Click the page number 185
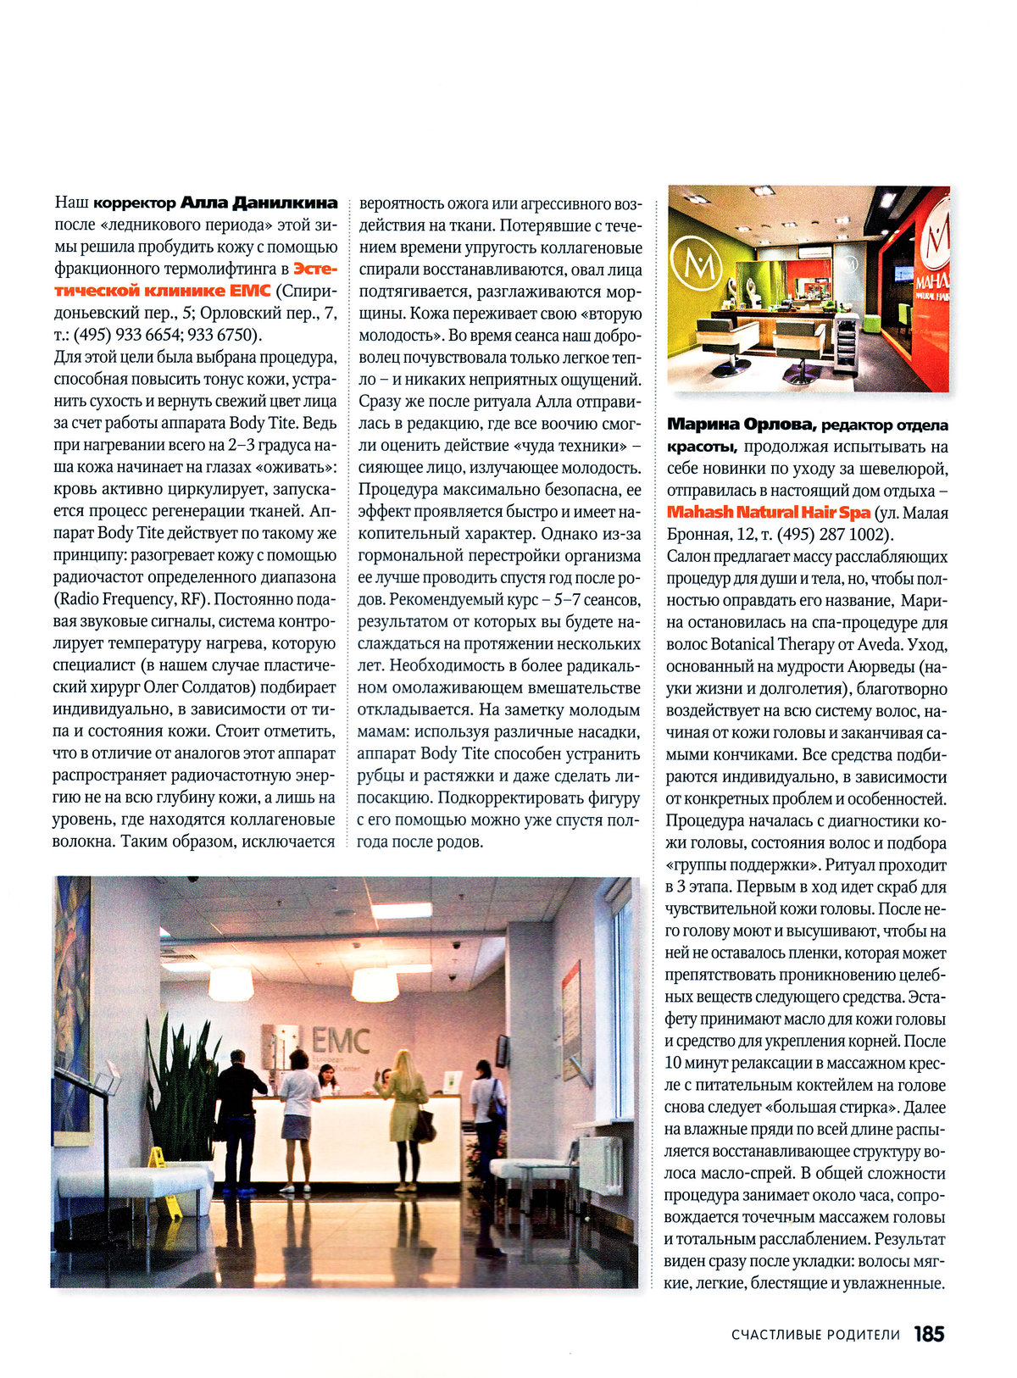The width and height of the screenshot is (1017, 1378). [929, 1334]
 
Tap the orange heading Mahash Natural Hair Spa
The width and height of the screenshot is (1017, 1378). [769, 513]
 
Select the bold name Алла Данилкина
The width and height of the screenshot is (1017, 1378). [259, 203]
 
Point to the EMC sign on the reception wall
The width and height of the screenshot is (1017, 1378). [340, 1040]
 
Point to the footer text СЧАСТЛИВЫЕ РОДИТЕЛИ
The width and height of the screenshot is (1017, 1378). [815, 1335]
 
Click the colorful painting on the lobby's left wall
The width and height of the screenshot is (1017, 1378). [73, 1008]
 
